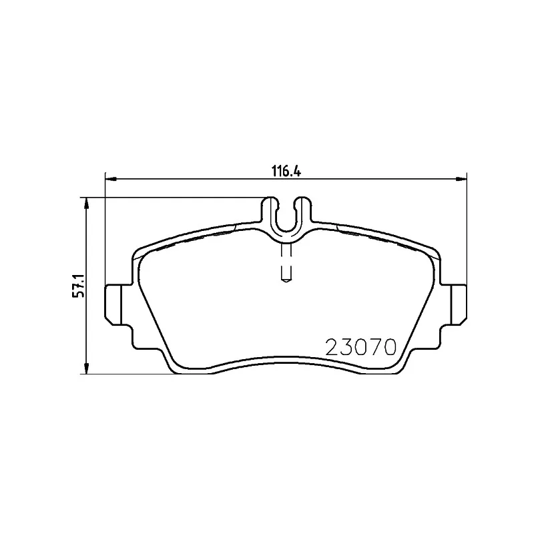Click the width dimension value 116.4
click(x=286, y=171)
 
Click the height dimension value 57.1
click(x=78, y=285)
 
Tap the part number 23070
click(x=361, y=348)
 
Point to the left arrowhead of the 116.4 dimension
click(x=111, y=178)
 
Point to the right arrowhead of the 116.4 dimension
click(x=461, y=178)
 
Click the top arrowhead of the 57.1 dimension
click(x=87, y=203)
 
